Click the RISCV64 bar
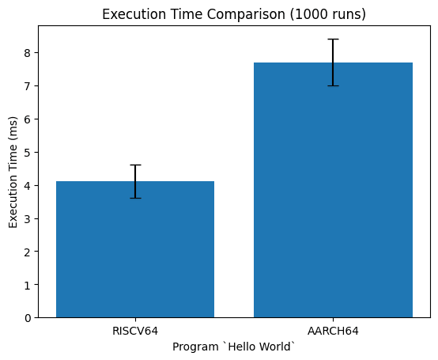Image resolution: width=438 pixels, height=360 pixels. pos(135,249)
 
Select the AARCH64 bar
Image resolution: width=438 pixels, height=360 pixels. pos(333,190)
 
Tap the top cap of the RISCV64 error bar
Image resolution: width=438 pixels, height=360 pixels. pos(135,165)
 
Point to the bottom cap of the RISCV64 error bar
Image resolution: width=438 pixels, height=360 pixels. pos(135,198)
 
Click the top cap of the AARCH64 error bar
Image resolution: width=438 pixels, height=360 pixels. pos(333,39)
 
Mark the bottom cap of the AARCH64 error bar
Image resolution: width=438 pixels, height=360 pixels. pos(333,85)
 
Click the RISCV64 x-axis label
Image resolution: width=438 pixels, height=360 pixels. pos(135,332)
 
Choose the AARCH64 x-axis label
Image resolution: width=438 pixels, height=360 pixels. pos(333,332)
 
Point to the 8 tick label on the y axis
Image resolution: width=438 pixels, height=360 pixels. pos(28,53)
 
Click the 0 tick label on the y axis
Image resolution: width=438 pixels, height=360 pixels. pos(28,318)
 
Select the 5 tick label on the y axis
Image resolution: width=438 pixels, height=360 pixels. pos(28,153)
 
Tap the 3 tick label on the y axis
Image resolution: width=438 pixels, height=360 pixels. pos(28,218)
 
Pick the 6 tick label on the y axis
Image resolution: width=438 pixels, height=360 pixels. pos(28,119)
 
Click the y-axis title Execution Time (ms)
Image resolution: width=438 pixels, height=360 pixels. pos(13,172)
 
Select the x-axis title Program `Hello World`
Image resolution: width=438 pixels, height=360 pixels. pos(234,347)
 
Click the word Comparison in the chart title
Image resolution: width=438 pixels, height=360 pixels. pos(246,14)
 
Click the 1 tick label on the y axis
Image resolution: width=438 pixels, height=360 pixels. pos(28,285)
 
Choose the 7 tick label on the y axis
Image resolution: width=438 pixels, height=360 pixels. pos(28,85)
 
